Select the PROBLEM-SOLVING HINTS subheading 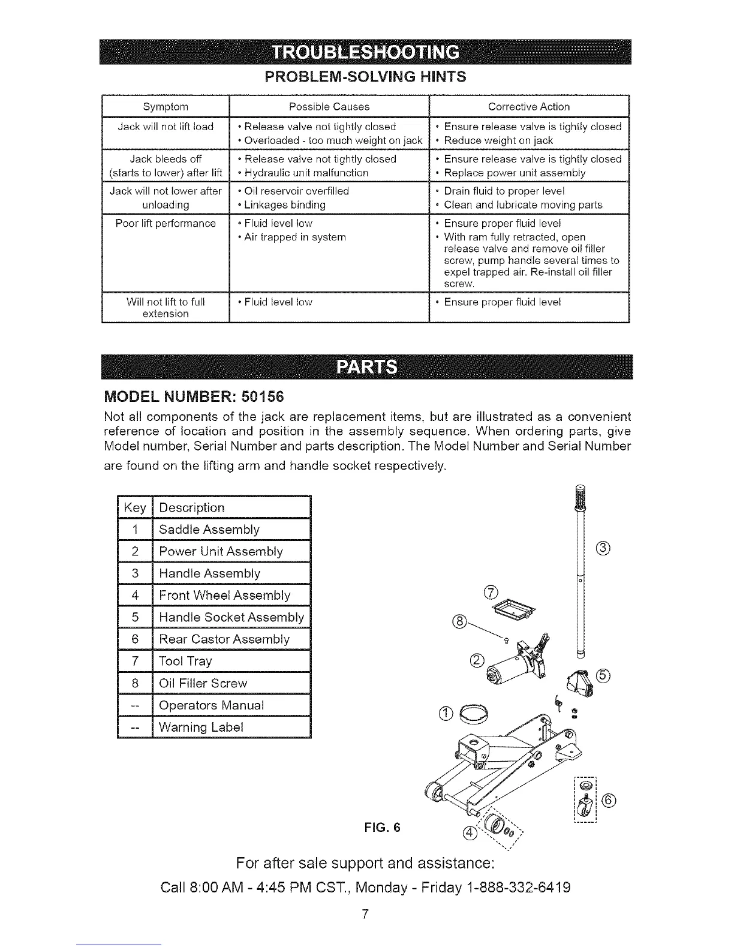point(366,77)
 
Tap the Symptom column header point(166,107)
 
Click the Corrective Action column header point(528,107)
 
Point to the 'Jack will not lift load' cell point(166,127)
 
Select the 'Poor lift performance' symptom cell point(166,223)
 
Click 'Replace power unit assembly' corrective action point(515,173)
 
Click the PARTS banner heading point(366,366)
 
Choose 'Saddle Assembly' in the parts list point(209,530)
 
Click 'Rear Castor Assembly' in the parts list point(224,639)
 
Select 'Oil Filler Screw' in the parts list point(203,683)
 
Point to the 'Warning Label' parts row point(201,727)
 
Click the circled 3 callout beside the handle point(603,548)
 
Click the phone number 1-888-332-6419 point(517,887)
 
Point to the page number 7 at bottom point(365,914)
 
